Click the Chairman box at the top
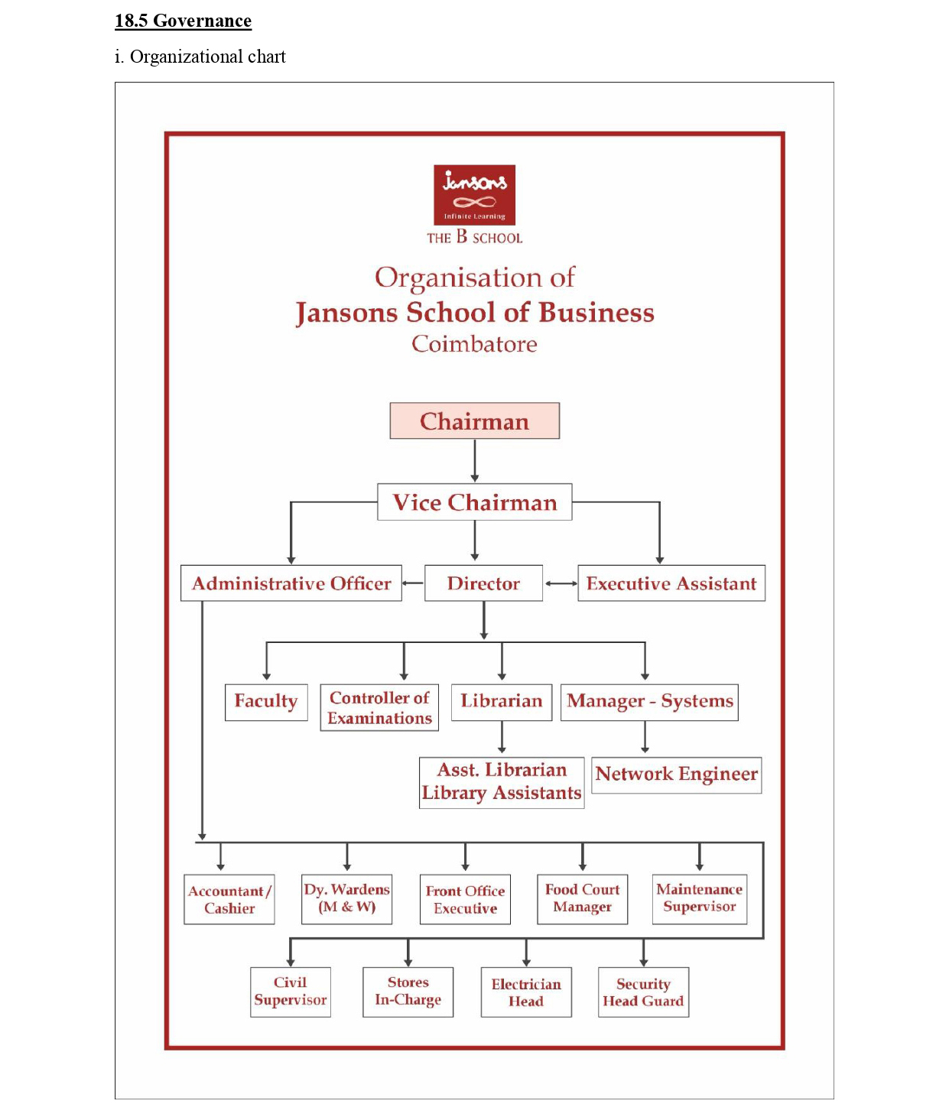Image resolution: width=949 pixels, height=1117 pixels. pyautogui.click(x=474, y=421)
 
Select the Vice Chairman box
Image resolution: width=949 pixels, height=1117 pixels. pyautogui.click(x=474, y=502)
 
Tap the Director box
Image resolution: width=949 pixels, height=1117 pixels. pyautogui.click(x=483, y=583)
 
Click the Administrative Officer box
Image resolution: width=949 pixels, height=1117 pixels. pyautogui.click(x=291, y=583)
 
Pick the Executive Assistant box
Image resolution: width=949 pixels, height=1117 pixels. pyautogui.click(x=671, y=583)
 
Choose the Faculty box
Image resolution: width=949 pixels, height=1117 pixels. pyautogui.click(x=266, y=702)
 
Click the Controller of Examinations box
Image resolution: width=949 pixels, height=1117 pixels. pyautogui.click(x=379, y=707)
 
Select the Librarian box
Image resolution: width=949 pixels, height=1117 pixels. pyautogui.click(x=501, y=702)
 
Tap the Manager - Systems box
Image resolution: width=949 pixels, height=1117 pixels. pyautogui.click(x=649, y=702)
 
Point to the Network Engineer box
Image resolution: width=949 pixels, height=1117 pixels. pyautogui.click(x=676, y=774)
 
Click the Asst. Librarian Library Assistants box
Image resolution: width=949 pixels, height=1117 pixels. pyautogui.click(x=501, y=782)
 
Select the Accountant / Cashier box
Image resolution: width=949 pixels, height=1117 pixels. pyautogui.click(x=229, y=900)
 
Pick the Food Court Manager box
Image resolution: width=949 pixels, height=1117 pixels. pyautogui.click(x=582, y=899)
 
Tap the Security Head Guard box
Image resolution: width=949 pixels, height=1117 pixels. pyautogui.click(x=642, y=992)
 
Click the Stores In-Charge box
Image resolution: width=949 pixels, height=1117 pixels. pyautogui.click(x=408, y=992)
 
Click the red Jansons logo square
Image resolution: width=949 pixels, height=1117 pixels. pyautogui.click(x=474, y=195)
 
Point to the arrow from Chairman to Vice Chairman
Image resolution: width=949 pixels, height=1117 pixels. pyautogui.click(x=474, y=460)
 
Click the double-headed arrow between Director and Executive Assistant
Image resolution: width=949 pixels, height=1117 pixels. pyautogui.click(x=561, y=583)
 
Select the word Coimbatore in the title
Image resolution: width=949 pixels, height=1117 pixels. pyautogui.click(x=474, y=344)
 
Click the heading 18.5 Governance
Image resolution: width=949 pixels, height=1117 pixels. pyautogui.click(x=183, y=21)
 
